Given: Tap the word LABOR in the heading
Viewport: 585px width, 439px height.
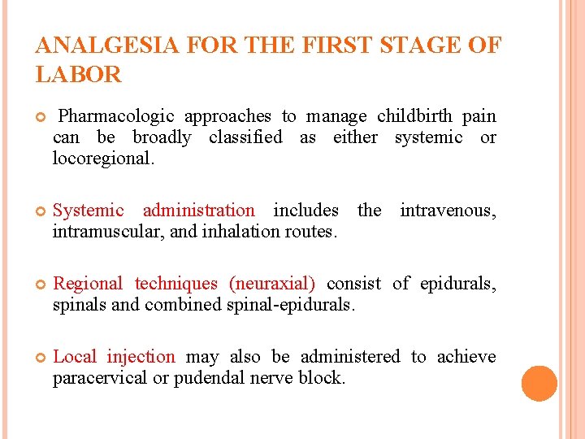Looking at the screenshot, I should (x=79, y=76).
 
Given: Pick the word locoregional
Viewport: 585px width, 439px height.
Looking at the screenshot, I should (x=102, y=159).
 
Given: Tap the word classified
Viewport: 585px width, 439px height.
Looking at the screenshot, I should (x=245, y=137).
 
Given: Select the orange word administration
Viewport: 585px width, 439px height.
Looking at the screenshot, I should (x=198, y=211).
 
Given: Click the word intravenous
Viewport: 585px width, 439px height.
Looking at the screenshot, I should (x=448, y=211).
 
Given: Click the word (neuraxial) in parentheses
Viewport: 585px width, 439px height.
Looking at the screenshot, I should (x=272, y=284).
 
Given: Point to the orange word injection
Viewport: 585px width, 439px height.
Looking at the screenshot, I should (x=141, y=357).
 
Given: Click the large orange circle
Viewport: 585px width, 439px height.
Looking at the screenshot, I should (x=539, y=384).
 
